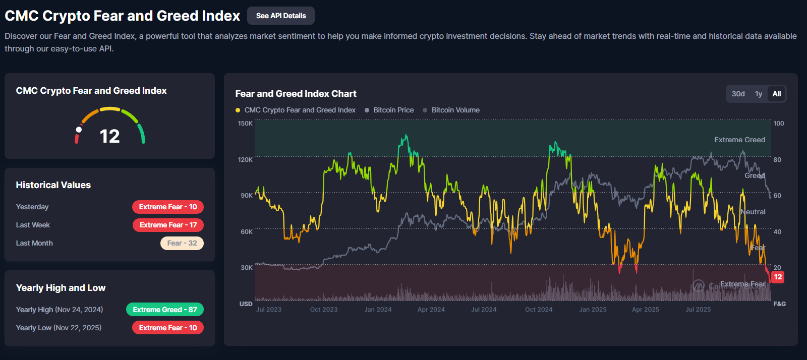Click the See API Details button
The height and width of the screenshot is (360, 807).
281,16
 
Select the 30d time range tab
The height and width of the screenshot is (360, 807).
738,94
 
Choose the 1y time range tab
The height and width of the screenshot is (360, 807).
758,94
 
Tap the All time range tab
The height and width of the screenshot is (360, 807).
776,94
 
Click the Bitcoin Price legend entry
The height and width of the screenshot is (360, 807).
393,110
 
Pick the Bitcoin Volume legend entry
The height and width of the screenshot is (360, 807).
455,110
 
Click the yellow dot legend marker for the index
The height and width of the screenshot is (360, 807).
238,110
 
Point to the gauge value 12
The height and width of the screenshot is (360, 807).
109,136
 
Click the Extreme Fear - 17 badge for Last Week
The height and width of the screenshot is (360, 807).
168,225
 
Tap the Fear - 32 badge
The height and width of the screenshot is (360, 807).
182,243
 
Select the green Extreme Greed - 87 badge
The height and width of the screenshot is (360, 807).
165,310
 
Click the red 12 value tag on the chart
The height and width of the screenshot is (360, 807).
778,277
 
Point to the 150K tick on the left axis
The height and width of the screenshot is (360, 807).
245,124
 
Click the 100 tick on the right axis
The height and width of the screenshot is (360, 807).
779,124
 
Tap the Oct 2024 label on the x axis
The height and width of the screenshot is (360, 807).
538,310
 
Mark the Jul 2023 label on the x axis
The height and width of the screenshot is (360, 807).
268,310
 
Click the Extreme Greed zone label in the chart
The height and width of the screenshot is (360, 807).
739,140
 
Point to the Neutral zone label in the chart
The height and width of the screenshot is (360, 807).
753,212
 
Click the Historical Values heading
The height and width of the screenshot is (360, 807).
53,185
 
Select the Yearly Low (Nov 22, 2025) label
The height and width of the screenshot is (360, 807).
59,328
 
